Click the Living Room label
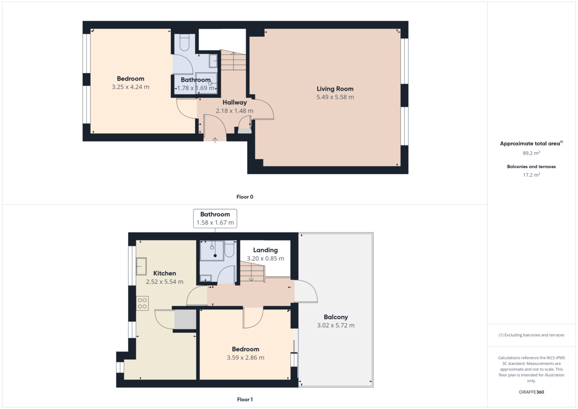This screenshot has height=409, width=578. point(335,89)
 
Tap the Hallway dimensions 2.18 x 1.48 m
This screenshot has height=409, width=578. point(235,111)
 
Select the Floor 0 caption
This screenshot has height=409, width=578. point(245,197)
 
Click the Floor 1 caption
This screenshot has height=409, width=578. point(245,399)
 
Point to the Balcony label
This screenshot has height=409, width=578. point(336,317)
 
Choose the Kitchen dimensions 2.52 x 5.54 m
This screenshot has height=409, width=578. point(165,281)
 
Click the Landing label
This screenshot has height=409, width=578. point(265,250)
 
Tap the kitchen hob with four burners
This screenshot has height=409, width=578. point(142,303)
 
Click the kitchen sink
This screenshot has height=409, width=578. point(142,266)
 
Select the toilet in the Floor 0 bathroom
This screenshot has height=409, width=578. point(184,42)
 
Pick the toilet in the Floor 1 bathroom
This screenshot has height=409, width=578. point(229,249)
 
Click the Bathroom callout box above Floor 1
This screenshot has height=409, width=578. point(215,218)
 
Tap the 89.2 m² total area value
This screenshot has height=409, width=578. point(531,153)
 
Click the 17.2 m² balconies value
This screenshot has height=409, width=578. point(531,175)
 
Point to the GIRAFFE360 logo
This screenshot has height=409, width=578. point(531,392)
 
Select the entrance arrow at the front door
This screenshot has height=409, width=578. point(215,140)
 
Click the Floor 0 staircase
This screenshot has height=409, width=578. point(233,60)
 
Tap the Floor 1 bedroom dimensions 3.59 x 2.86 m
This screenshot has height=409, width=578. point(245,357)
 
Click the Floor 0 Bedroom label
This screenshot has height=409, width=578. point(131,79)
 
